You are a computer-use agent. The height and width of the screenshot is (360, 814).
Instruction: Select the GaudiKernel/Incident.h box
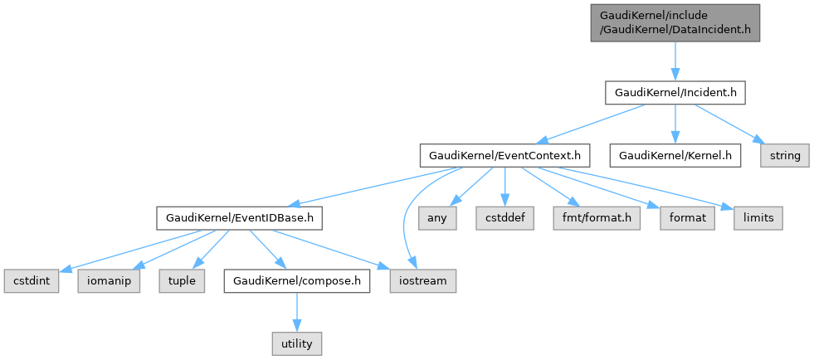pos(674,91)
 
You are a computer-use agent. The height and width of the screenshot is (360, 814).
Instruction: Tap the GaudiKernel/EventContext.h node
pos(505,155)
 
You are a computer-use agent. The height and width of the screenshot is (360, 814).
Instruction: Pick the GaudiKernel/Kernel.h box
pos(674,155)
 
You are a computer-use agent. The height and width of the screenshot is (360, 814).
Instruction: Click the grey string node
pos(784,155)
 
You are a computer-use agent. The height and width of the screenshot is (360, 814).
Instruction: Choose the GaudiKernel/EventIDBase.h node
pos(239,218)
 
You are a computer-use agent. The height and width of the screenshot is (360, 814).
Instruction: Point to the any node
pos(437,218)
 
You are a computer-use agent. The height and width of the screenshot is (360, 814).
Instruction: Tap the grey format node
pos(688,218)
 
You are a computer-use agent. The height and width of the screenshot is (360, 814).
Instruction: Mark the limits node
pos(758,218)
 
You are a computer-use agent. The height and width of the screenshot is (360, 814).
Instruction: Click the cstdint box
pos(32,281)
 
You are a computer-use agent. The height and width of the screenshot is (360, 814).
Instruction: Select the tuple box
pos(182,281)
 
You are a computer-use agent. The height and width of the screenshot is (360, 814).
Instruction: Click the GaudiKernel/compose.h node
pos(296,281)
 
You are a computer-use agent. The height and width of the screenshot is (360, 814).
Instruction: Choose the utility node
pos(296,341)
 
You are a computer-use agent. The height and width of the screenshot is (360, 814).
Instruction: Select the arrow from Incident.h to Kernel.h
pos(674,124)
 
